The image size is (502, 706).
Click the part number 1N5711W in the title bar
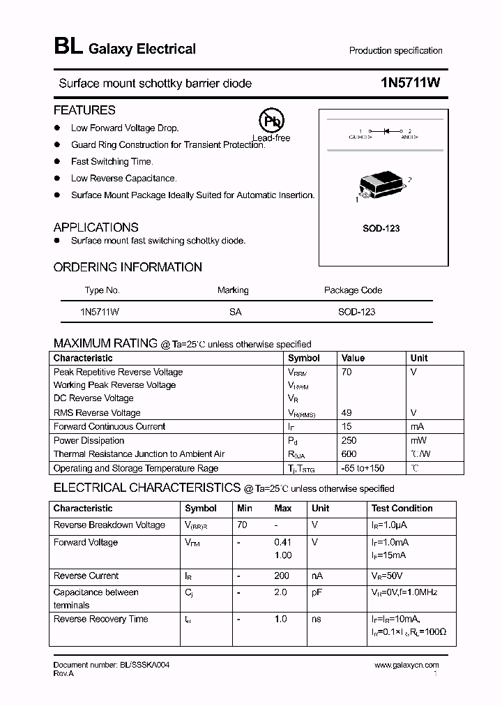[x=411, y=83]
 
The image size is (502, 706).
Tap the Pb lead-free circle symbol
[x=271, y=121]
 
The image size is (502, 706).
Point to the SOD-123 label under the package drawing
[x=381, y=228]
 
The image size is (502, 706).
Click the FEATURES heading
[x=84, y=110]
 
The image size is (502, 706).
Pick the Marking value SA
[x=235, y=312]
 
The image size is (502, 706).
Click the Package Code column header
[x=353, y=290]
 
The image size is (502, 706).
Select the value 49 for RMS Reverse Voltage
[x=347, y=412]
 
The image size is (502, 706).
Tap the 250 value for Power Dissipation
[x=349, y=440]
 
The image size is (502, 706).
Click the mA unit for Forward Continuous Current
[x=418, y=426]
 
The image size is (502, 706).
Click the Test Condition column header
[x=402, y=509]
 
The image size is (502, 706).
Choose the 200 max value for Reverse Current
[x=282, y=576]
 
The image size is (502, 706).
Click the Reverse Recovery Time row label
[x=100, y=619]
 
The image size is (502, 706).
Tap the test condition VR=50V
[x=387, y=576]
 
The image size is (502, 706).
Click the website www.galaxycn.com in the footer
[x=406, y=666]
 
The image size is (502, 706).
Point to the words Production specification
[x=395, y=51]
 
